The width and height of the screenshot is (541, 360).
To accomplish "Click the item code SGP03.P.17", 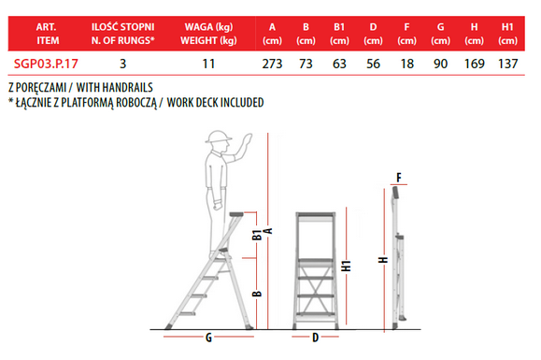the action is [x=46, y=64].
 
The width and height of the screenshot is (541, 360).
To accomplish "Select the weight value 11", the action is [x=208, y=64].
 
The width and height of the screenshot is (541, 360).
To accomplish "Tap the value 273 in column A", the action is [x=272, y=64].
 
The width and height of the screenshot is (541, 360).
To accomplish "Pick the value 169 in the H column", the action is [x=474, y=64].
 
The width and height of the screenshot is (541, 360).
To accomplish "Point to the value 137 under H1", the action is [x=508, y=64].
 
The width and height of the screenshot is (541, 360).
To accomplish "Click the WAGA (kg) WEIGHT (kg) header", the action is [x=208, y=34].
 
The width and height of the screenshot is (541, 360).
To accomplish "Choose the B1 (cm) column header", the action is [x=339, y=34].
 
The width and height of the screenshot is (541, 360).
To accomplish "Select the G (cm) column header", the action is [x=440, y=34].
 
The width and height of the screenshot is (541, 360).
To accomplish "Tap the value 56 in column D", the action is [x=373, y=64].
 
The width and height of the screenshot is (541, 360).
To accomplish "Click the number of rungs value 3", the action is [x=122, y=64].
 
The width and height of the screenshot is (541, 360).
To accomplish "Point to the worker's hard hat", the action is [x=219, y=136].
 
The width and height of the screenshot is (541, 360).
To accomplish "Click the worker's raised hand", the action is [x=247, y=141].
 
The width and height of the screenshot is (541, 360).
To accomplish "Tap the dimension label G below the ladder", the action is [x=208, y=338].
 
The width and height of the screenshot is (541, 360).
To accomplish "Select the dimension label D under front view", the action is [x=316, y=338].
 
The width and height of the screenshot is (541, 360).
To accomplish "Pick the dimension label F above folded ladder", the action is [x=399, y=178].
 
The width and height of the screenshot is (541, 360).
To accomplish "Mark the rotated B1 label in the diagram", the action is [x=257, y=235].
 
